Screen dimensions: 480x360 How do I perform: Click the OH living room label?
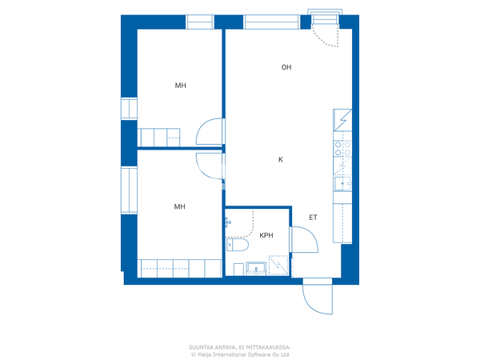[x=286, y=67]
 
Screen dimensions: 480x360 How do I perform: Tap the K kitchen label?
[x=281, y=159]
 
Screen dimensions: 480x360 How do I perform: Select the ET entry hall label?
[x=313, y=218]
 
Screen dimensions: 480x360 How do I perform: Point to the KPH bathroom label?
[x=266, y=235]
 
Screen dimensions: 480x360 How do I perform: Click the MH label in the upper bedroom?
[x=180, y=86]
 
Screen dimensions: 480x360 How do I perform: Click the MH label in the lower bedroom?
[x=180, y=206]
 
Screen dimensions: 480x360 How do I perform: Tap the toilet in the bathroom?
[x=238, y=245]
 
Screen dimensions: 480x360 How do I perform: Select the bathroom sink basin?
[x=256, y=269]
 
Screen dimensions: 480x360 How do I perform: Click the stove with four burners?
[x=342, y=148]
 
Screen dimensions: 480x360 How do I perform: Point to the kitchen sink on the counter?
[x=342, y=184]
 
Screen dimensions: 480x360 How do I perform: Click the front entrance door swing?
[x=318, y=296]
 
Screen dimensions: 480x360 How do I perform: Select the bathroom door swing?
[x=305, y=240]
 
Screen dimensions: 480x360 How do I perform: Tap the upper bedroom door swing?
[x=210, y=132]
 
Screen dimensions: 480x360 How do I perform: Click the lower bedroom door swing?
[x=210, y=166]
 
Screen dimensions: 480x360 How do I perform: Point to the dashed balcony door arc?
[x=326, y=37]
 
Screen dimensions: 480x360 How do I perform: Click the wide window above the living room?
[x=272, y=22]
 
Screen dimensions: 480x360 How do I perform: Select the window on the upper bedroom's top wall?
[x=200, y=22]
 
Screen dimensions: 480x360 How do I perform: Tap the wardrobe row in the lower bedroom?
[x=180, y=269]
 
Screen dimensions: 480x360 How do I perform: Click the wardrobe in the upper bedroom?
[x=159, y=138]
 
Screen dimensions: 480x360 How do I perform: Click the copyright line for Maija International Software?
[x=240, y=354]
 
